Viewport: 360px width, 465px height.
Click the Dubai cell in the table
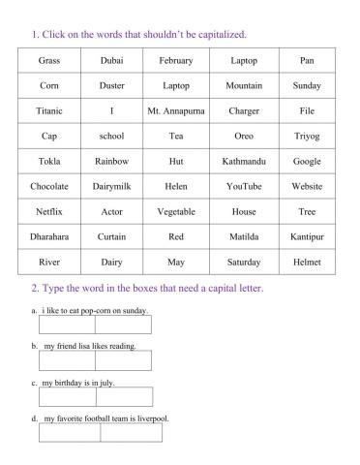click(x=111, y=61)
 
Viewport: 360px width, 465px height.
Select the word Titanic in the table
click(x=48, y=111)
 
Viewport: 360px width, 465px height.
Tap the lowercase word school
click(x=111, y=137)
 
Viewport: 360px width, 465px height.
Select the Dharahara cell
click(x=48, y=236)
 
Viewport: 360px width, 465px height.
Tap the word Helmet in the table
click(x=307, y=262)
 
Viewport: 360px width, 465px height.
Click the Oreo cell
click(x=244, y=137)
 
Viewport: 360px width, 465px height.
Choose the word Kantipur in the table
click(x=307, y=236)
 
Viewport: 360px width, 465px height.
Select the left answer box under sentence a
click(x=68, y=325)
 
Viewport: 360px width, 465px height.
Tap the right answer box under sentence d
click(x=131, y=432)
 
